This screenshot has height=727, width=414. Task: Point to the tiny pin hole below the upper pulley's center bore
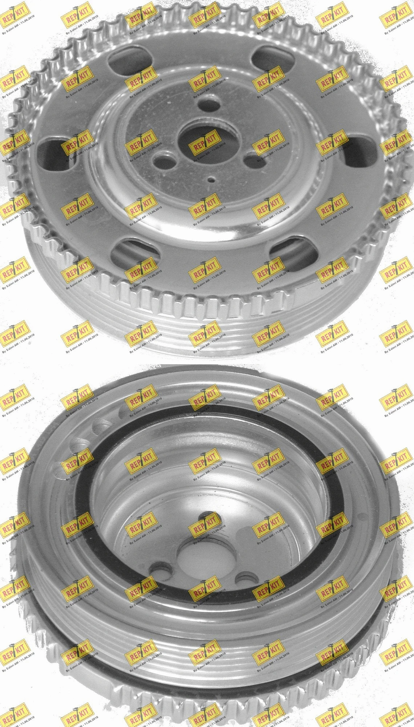click(x=211, y=179)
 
